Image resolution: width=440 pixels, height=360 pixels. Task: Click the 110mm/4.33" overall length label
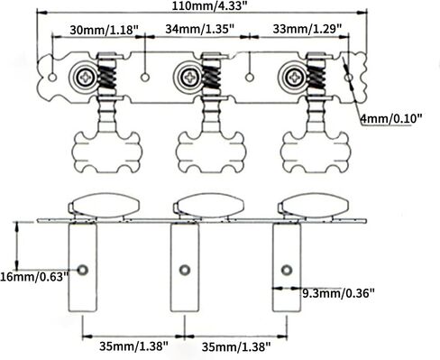(x=211, y=5)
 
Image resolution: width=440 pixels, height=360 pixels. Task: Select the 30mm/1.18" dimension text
(x=105, y=30)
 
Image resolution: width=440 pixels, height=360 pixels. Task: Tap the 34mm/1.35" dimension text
(x=200, y=29)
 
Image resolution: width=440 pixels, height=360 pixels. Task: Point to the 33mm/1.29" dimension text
(x=307, y=29)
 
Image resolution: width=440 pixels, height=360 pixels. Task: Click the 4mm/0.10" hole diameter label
(x=391, y=119)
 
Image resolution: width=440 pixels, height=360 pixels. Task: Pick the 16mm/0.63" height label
(x=34, y=277)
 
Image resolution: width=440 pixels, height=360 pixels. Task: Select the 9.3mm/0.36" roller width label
(x=338, y=292)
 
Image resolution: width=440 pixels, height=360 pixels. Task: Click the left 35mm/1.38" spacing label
(x=133, y=346)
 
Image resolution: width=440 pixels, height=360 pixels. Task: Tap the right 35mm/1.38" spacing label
(x=236, y=347)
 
